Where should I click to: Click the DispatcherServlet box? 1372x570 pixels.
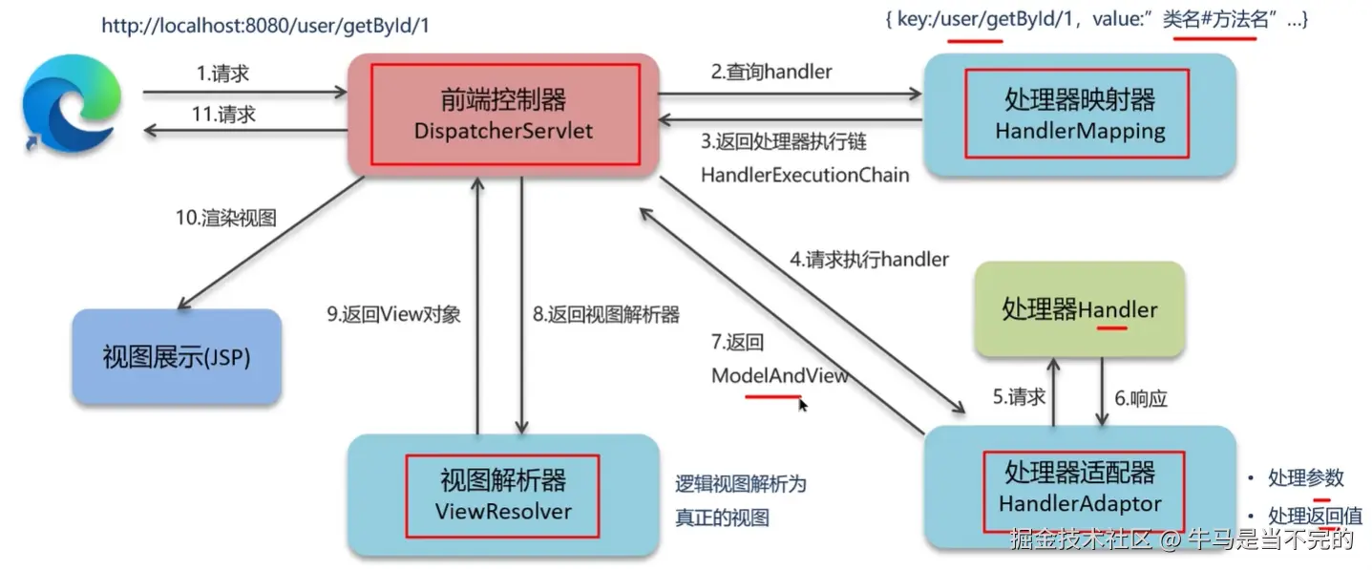click(503, 115)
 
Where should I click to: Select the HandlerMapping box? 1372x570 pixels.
click(1079, 116)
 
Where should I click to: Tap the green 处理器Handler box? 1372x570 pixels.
click(1079, 308)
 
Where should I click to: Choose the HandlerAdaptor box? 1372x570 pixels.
click(1080, 487)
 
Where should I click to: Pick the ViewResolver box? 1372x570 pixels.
click(503, 496)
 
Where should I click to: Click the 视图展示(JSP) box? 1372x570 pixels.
click(177, 357)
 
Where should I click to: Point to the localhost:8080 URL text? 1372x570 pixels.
click(265, 26)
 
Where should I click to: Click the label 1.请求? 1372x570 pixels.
click(222, 74)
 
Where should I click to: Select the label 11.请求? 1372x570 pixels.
click(223, 115)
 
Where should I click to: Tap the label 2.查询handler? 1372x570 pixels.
click(770, 72)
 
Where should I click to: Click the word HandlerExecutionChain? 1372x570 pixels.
click(805, 175)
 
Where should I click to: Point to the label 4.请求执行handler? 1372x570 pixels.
click(869, 259)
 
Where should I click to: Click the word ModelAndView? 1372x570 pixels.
click(780, 375)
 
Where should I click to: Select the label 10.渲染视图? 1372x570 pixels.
click(225, 218)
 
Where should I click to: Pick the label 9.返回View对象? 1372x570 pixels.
click(394, 314)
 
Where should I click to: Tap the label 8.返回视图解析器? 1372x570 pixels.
click(606, 314)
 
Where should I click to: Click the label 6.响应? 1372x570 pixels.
click(1141, 398)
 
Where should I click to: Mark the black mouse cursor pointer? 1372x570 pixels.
click(803, 405)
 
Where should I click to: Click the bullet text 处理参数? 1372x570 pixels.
click(1305, 477)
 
